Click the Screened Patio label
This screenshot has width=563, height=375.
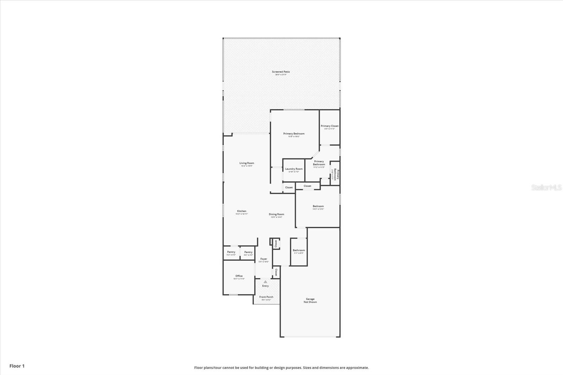(x=281, y=72)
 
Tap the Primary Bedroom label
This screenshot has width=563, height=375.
(x=294, y=134)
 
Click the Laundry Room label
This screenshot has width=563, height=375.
(x=294, y=169)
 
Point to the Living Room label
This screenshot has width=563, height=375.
(x=247, y=163)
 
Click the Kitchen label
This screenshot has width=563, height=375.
(x=241, y=211)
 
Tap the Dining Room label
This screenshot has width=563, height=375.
(x=276, y=214)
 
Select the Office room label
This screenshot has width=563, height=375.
(x=239, y=276)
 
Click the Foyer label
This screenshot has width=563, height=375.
(x=264, y=259)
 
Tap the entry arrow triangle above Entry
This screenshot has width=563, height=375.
(x=265, y=282)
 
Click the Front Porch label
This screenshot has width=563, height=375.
(x=266, y=297)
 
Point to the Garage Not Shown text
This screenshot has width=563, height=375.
(x=310, y=300)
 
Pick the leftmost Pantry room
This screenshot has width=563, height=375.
(x=231, y=252)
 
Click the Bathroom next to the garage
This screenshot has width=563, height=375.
(x=299, y=250)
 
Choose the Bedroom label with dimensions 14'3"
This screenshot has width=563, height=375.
(x=318, y=206)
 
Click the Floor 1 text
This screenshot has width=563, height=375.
(x=17, y=366)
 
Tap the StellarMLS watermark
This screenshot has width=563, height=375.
(x=546, y=188)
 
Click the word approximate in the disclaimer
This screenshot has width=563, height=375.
(x=357, y=368)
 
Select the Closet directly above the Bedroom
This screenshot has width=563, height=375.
(x=307, y=186)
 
